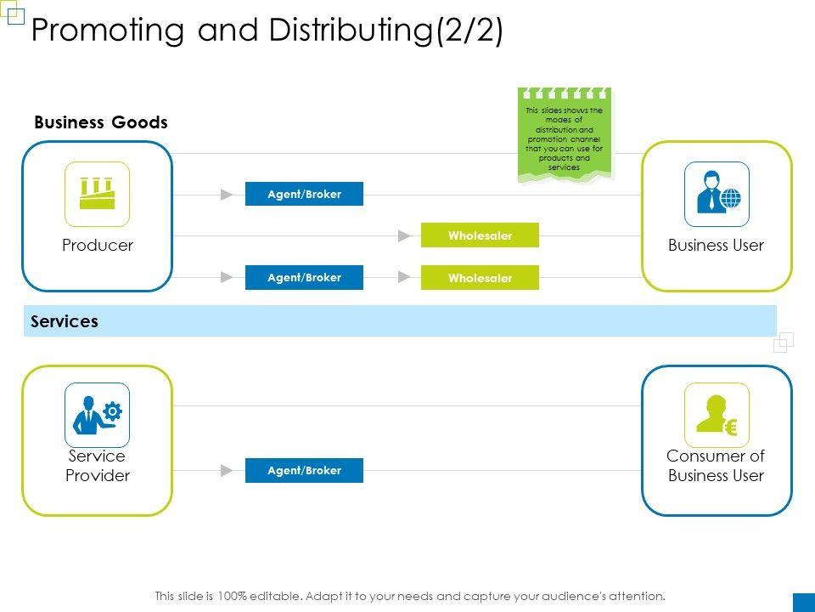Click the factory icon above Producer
(97, 194)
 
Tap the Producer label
(98, 246)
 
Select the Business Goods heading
(101, 122)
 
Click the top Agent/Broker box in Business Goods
(304, 194)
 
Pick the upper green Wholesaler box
(480, 235)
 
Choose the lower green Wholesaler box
(480, 278)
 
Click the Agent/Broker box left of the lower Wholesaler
(304, 277)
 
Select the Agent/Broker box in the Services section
(304, 470)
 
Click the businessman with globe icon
(717, 194)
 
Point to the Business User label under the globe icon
(716, 246)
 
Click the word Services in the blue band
(65, 321)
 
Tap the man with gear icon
(97, 415)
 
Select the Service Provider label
(98, 466)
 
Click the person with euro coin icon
(717, 415)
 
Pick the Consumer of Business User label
(716, 466)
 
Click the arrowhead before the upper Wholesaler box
(404, 235)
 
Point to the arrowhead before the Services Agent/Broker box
(227, 470)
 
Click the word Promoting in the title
(106, 31)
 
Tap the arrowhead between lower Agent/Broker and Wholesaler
(404, 277)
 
